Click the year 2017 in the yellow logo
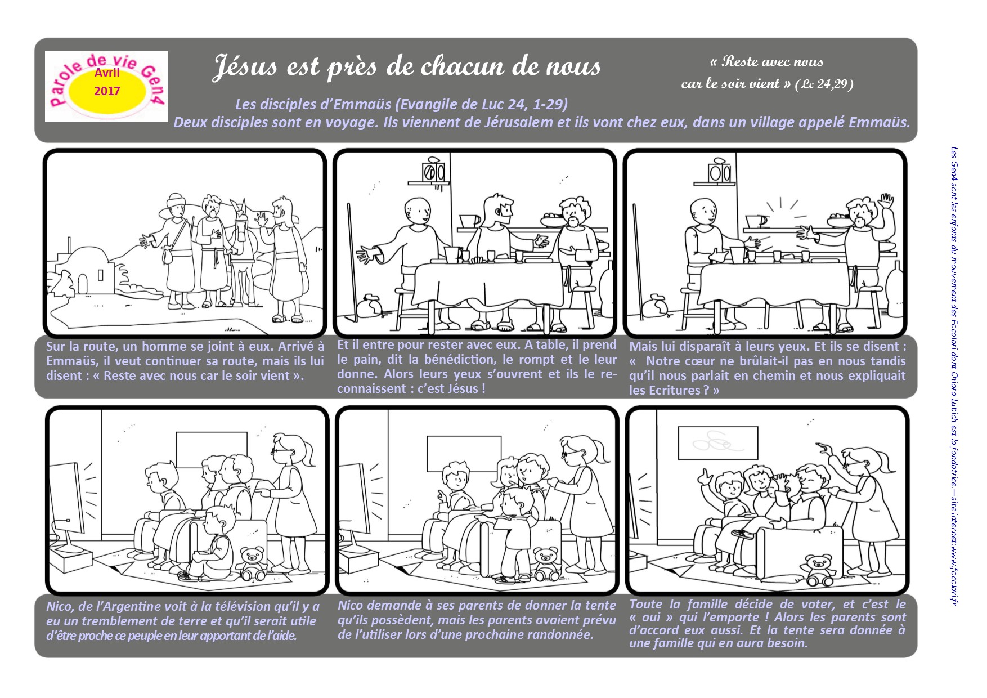107,91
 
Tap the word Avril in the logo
107,73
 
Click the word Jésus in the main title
245,66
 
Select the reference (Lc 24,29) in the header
824,84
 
